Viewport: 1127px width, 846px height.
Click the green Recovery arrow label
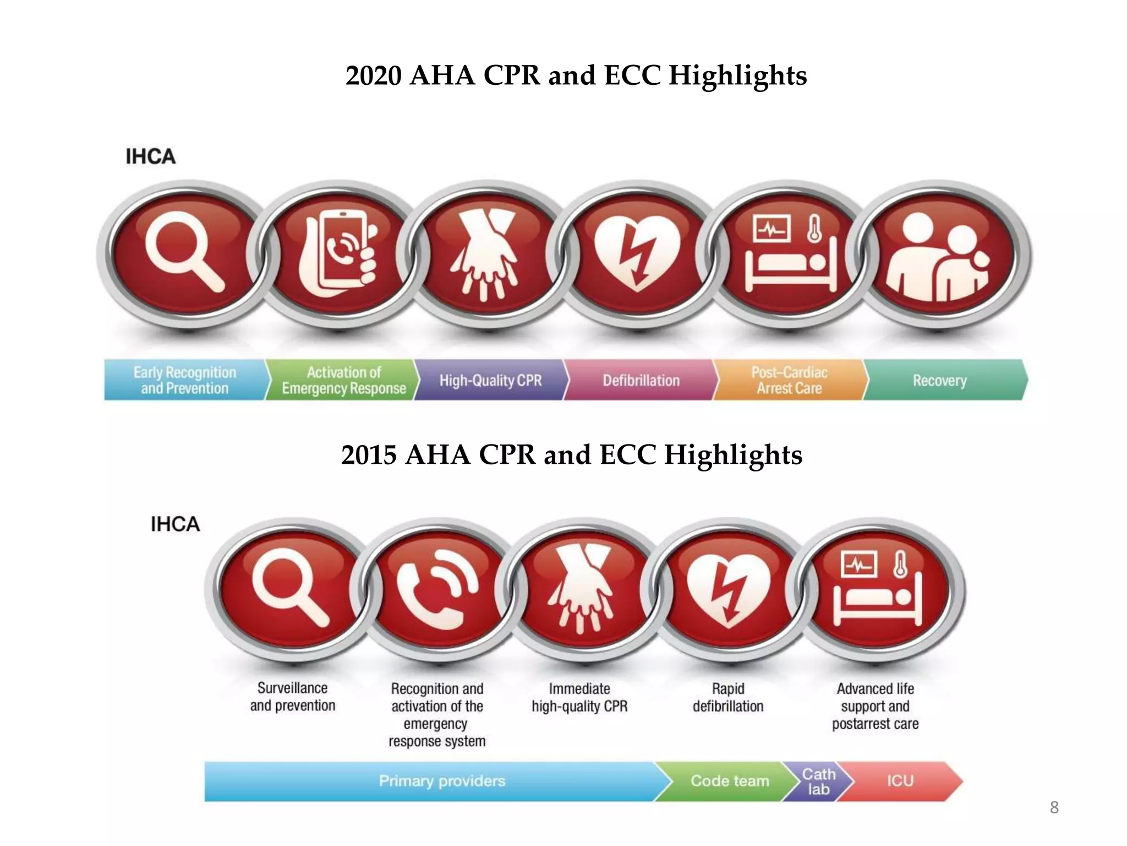[x=940, y=380]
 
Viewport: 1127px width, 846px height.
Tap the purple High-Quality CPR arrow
[x=490, y=380]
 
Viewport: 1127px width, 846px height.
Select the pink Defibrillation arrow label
[x=641, y=380]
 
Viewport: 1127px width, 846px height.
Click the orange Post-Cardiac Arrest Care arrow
[x=789, y=380]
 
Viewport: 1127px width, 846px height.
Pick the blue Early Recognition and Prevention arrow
[x=185, y=380]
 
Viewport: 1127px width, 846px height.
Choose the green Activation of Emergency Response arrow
[x=343, y=380]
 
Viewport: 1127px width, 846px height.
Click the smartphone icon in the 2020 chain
[x=338, y=254]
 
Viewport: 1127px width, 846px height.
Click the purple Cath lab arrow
[x=818, y=781]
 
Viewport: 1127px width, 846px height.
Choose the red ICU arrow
[x=900, y=781]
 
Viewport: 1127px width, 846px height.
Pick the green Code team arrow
[x=729, y=781]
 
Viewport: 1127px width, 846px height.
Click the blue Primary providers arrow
[x=441, y=781]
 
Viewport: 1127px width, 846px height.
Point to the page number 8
[x=1054, y=807]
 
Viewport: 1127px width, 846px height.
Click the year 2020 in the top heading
[x=374, y=75]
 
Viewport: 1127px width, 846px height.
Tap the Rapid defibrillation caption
[x=728, y=697]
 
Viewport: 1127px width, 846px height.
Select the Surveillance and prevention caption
[x=293, y=697]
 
